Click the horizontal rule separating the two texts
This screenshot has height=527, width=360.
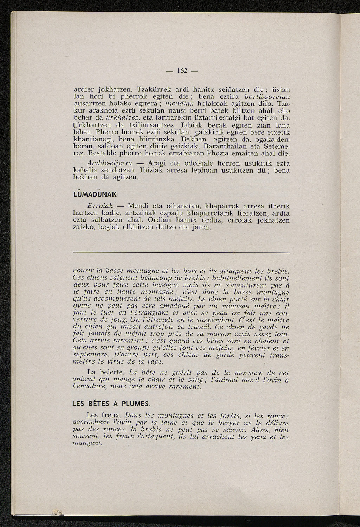[181, 252]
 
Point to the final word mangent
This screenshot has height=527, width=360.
[86, 444]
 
